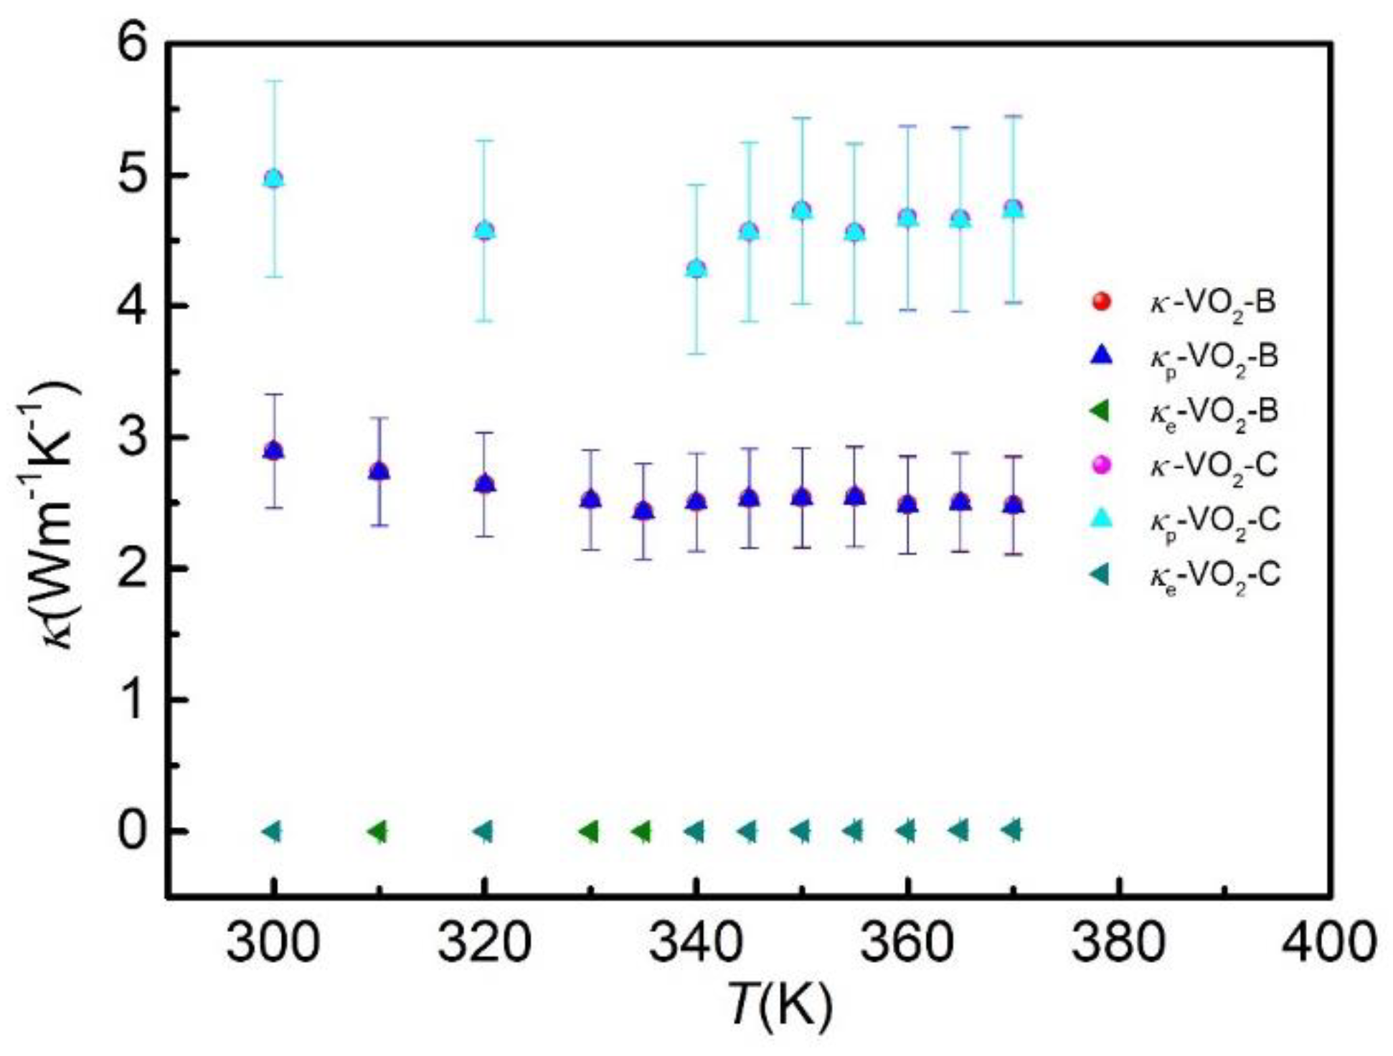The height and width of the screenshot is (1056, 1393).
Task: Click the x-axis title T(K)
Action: point(780,1004)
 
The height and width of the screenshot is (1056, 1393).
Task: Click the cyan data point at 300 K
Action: point(273,179)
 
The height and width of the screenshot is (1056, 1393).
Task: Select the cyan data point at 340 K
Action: point(696,270)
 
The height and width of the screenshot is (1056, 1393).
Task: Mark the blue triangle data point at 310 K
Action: point(379,472)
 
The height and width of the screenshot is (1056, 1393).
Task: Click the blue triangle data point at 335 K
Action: point(643,511)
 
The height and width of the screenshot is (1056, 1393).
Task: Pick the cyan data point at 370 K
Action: point(1013,209)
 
